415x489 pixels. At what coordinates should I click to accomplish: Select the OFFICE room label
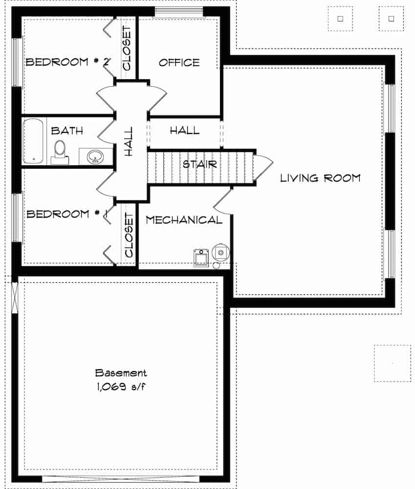tap(179, 63)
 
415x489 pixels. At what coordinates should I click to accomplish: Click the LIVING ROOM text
tap(320, 178)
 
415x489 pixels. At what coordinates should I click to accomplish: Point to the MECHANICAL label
tap(184, 220)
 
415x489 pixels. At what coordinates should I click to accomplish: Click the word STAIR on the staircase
tap(199, 164)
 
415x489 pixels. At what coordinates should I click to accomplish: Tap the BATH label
tap(67, 131)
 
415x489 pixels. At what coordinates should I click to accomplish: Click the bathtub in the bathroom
tap(34, 141)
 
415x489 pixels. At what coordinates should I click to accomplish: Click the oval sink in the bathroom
tap(95, 156)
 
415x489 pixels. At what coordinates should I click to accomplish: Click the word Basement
tap(121, 373)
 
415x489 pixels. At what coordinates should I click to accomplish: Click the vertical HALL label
tap(129, 142)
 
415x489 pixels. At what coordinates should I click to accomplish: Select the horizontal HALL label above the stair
tap(184, 131)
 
